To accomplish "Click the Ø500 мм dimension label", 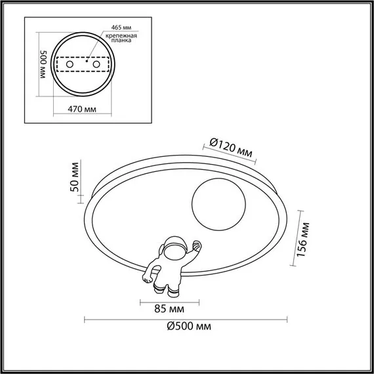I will point(188,327).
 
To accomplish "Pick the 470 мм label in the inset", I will point(83,108).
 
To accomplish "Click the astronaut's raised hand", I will point(197,246).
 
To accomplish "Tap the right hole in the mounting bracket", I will point(96,66).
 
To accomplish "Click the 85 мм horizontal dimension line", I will point(164,299).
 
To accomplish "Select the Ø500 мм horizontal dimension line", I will point(187,319).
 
